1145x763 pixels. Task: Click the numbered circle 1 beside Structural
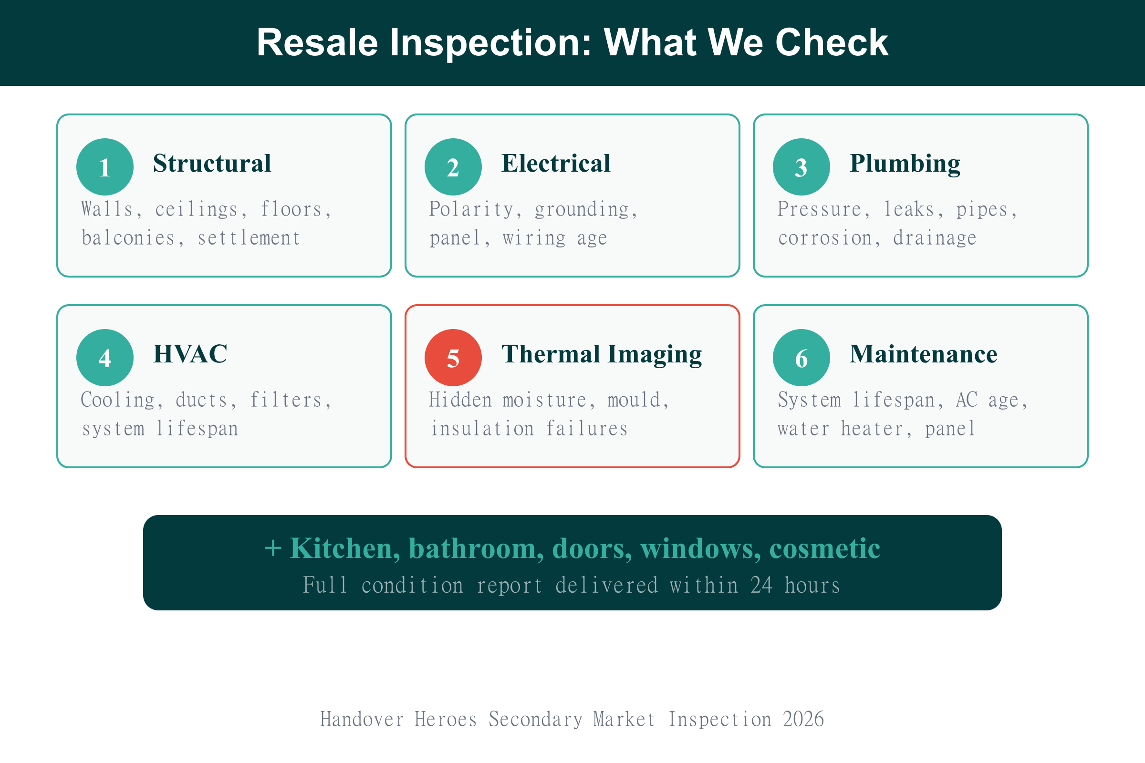click(x=104, y=167)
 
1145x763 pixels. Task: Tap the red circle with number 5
click(x=453, y=358)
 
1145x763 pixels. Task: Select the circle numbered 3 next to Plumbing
click(x=801, y=167)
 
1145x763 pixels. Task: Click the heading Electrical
click(x=555, y=163)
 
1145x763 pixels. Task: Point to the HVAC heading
click(x=190, y=354)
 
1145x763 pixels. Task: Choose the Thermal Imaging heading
click(x=601, y=354)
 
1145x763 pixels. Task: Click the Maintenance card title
click(x=923, y=354)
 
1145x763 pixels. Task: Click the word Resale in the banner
click(x=317, y=42)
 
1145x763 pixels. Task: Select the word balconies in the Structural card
click(x=128, y=238)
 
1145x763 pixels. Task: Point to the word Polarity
click(x=471, y=209)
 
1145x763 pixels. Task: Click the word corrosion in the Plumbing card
click(x=825, y=238)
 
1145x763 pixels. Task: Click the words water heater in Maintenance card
click(x=840, y=429)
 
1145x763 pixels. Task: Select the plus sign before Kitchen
click(x=272, y=548)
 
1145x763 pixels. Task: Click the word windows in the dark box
click(x=699, y=548)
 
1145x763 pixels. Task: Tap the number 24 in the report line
click(x=761, y=586)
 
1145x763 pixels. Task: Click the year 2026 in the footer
click(x=803, y=719)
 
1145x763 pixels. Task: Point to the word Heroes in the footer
click(x=446, y=719)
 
